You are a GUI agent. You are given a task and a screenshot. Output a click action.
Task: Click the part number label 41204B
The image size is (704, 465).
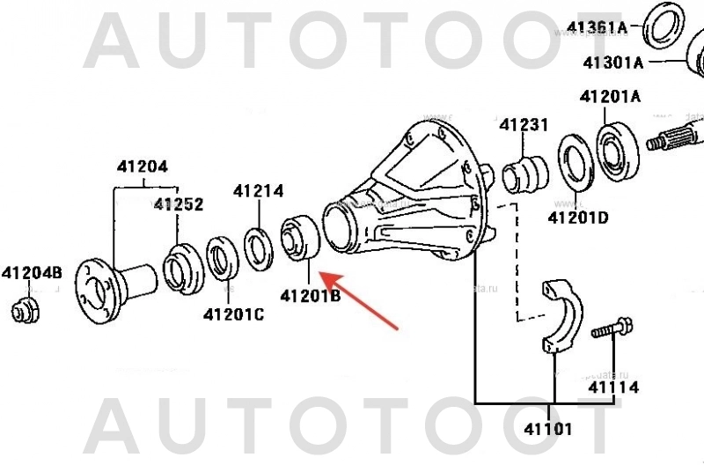pos(31,272)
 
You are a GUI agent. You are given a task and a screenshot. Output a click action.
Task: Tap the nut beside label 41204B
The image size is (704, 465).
pos(26,309)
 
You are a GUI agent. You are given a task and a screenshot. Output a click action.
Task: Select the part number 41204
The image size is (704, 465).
pos(143,166)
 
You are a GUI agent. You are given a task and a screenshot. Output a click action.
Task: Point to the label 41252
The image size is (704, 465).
pos(179,204)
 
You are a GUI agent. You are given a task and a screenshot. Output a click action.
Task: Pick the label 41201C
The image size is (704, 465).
pos(233,314)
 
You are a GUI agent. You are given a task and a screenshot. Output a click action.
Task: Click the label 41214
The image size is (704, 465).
pos(258,191)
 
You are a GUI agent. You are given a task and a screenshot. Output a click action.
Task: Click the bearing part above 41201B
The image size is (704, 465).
pos(298,239)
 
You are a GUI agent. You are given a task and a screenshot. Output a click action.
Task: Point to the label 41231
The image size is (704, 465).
pos(524,125)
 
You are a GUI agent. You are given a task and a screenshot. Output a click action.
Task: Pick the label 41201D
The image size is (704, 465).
pos(578,217)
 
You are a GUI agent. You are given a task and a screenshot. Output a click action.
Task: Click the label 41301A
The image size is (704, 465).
pos(613,62)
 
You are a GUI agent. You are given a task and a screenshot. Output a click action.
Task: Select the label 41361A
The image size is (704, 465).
pos(596,26)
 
